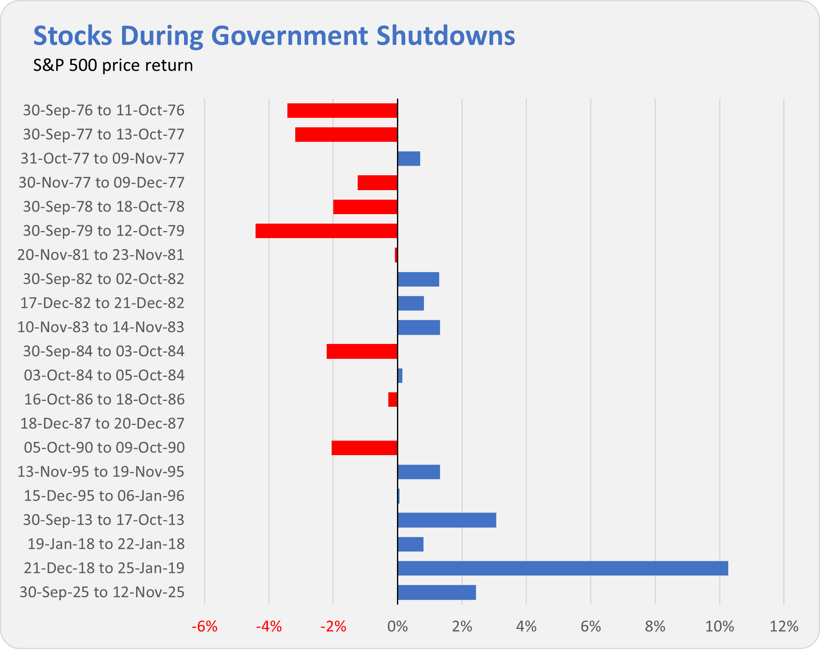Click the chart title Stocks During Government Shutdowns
point(274,36)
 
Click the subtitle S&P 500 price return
point(113,65)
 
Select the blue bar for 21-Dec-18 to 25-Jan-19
point(562,568)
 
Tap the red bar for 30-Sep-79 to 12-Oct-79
point(326,231)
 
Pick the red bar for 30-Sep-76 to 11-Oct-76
point(342,110)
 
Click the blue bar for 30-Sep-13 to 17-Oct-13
point(447,520)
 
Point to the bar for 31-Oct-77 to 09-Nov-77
point(409,159)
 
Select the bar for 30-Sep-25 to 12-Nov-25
point(436,592)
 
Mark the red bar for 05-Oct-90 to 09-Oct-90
point(364,448)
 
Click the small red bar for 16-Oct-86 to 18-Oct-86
point(392,399)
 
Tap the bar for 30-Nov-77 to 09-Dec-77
point(377,183)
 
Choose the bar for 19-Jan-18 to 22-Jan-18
point(410,544)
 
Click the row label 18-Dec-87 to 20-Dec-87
point(102,423)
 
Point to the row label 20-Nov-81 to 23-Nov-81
point(100,255)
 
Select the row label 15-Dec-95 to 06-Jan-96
point(104,496)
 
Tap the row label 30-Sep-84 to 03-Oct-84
point(103,351)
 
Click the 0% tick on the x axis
point(397,627)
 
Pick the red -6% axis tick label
point(204,627)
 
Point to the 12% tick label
point(784,627)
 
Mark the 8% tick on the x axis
point(655,627)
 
